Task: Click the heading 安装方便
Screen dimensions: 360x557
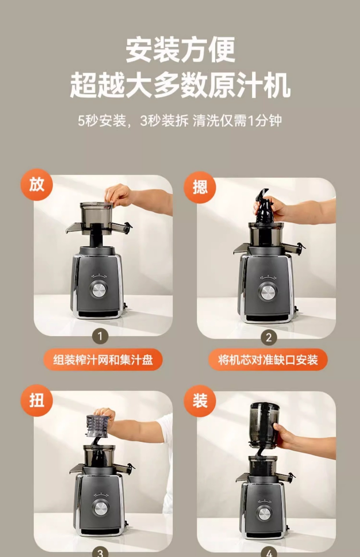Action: (180, 50)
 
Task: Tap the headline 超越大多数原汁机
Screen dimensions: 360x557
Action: (180, 85)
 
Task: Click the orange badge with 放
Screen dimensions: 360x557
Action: (37, 185)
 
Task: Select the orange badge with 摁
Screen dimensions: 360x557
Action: (200, 187)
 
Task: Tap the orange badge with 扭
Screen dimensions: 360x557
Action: (37, 400)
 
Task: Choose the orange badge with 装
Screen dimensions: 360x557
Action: (200, 401)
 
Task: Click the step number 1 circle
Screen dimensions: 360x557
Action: (100, 336)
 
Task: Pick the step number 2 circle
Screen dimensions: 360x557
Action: (269, 337)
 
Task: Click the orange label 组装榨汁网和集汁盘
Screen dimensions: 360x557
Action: (103, 360)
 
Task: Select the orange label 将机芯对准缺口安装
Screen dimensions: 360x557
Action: (268, 360)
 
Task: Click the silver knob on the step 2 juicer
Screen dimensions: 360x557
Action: (267, 292)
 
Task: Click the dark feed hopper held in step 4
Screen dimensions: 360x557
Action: (264, 424)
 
